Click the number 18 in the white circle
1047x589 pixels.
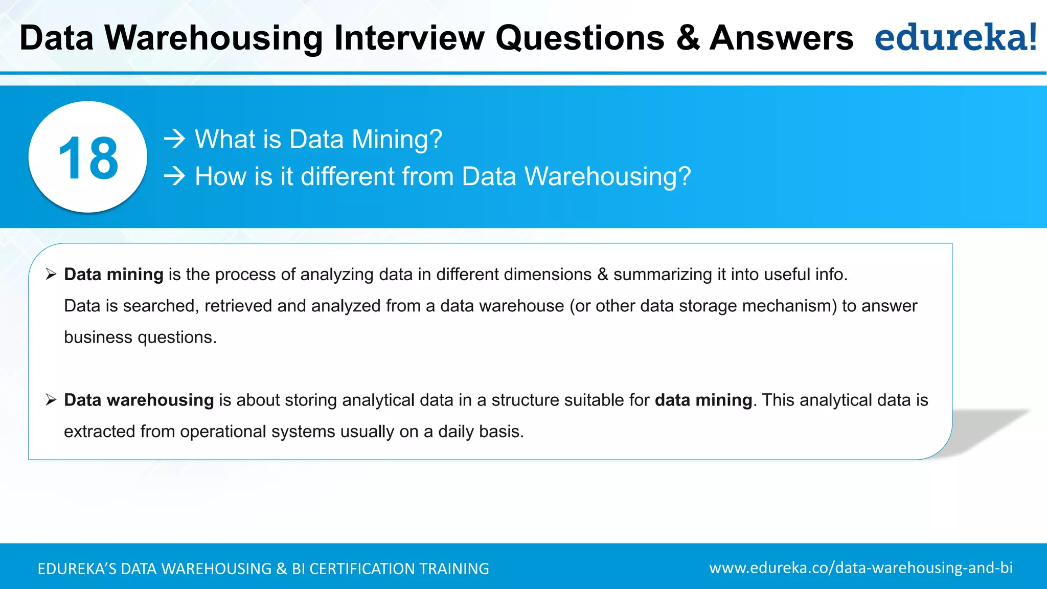tap(88, 158)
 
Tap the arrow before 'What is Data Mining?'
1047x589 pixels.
tap(174, 139)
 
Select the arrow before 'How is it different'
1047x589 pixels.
tap(174, 176)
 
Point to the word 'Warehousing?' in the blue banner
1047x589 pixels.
tap(607, 176)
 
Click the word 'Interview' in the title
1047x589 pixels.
tap(409, 38)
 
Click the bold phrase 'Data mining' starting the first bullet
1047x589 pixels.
tap(113, 275)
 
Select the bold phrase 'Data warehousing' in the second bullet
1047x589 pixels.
tap(139, 400)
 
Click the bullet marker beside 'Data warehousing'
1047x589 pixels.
tap(51, 399)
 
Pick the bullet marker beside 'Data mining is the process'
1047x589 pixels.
tap(51, 274)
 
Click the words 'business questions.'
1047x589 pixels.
tap(140, 337)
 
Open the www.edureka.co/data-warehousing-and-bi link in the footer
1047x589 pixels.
tap(860, 568)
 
